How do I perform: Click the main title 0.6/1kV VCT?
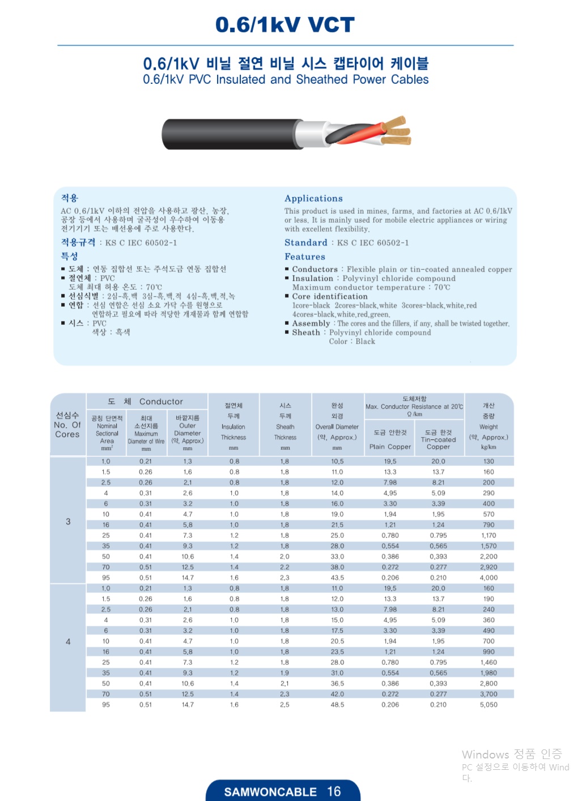[284, 25]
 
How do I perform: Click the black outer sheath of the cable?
[227, 134]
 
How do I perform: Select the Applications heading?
[313, 198]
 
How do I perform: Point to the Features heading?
[305, 257]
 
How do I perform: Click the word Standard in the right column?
[306, 243]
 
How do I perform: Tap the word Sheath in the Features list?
[306, 333]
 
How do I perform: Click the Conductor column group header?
[147, 401]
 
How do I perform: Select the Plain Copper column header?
[390, 446]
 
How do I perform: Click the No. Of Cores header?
[67, 425]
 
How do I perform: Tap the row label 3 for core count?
[68, 521]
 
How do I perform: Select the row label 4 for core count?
[68, 642]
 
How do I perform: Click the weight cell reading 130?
[488, 461]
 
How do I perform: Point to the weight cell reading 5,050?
[488, 705]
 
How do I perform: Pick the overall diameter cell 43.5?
[337, 578]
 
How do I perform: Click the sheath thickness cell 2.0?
[284, 557]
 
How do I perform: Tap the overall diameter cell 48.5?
[337, 705]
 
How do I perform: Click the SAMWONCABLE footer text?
[270, 792]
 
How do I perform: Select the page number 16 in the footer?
[334, 791]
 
